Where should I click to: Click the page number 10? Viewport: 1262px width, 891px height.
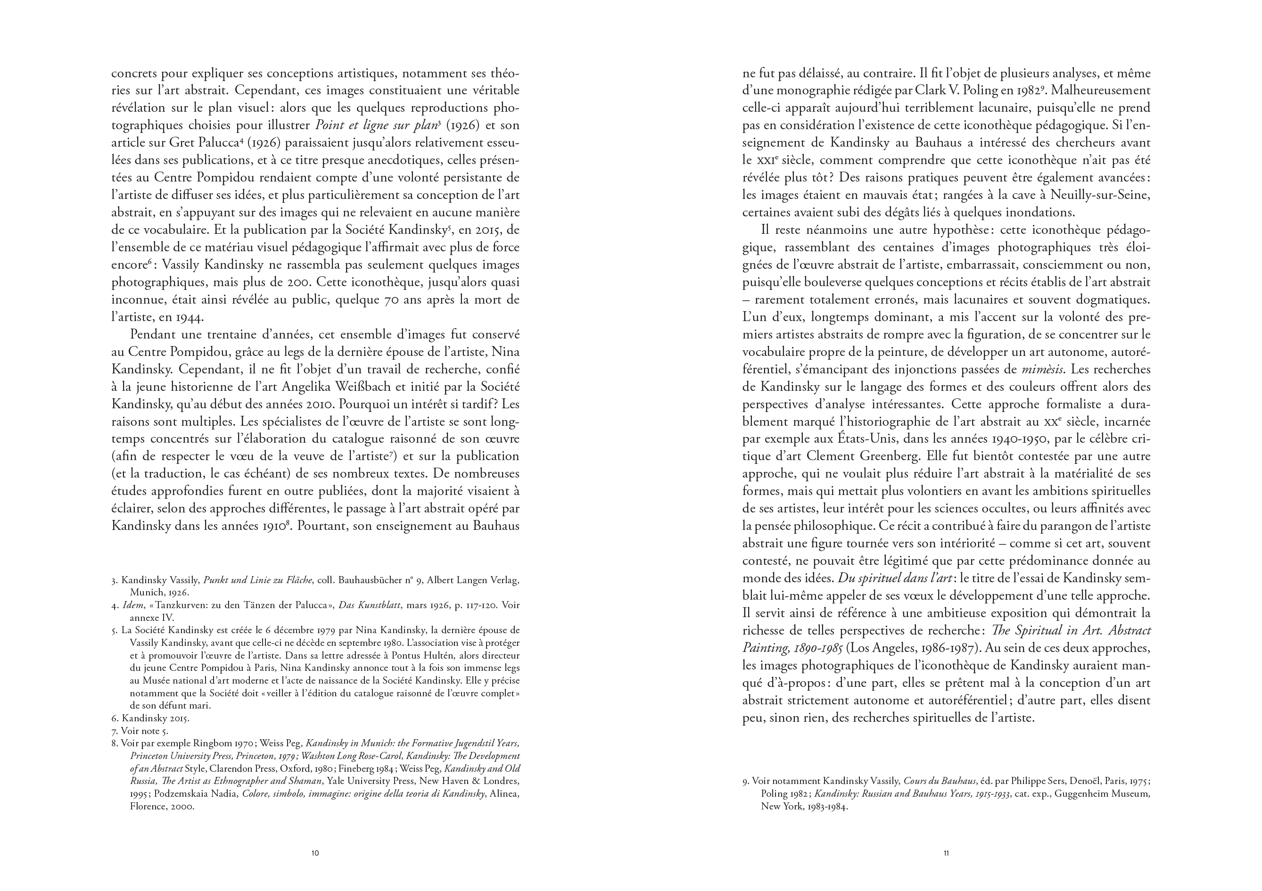[x=315, y=853]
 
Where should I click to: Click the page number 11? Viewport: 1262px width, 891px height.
[x=946, y=853]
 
